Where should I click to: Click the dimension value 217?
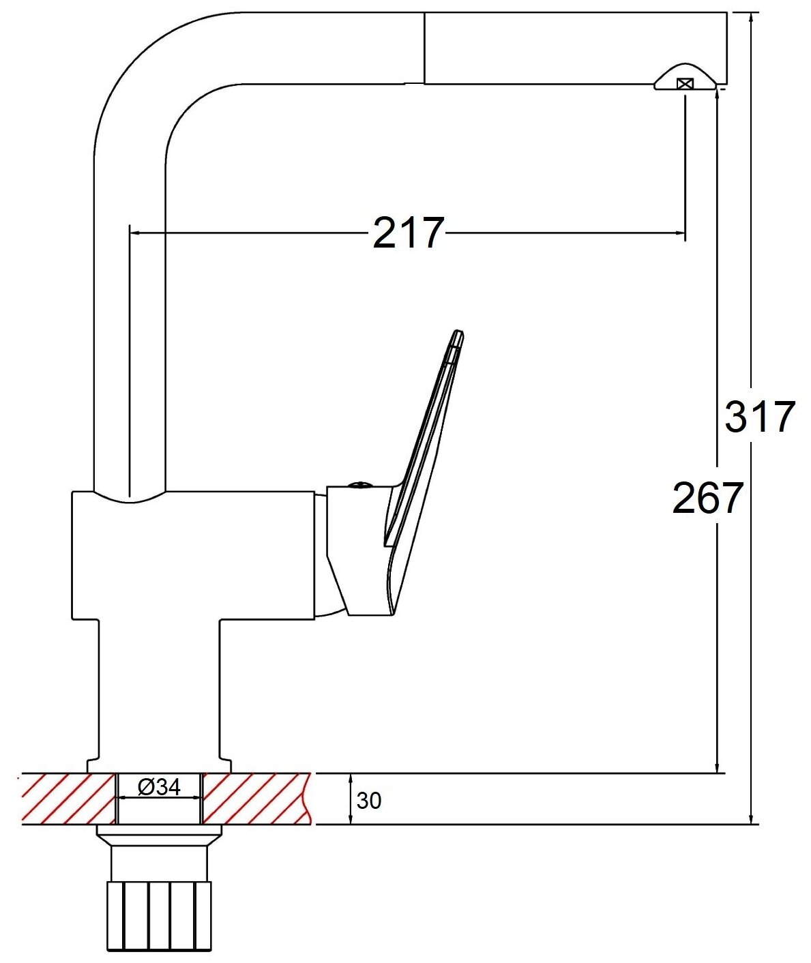409,233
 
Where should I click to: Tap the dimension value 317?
760,417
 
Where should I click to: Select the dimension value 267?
708,498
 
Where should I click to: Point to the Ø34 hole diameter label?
159,787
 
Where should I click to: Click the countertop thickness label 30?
369,801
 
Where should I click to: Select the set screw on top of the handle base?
359,484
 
